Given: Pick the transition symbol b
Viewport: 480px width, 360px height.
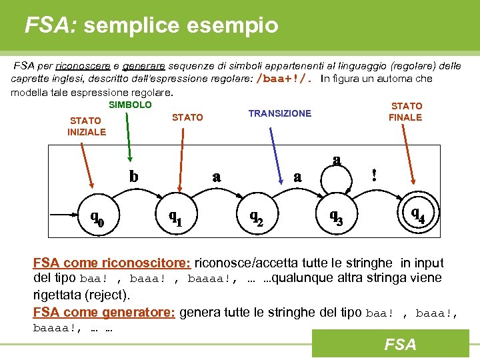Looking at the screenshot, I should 134,177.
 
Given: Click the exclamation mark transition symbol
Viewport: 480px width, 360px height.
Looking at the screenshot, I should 374,175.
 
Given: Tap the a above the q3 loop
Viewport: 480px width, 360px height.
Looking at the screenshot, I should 337,160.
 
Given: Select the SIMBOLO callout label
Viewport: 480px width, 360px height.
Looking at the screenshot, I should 130,105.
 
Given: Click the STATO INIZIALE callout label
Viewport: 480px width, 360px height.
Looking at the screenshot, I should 86,126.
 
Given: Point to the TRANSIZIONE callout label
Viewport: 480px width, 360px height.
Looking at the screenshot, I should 279,113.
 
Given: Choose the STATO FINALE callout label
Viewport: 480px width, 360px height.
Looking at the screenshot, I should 405,111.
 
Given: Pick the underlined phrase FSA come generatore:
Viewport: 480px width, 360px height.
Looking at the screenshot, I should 104,312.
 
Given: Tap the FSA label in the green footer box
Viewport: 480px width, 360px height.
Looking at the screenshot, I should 399,344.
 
